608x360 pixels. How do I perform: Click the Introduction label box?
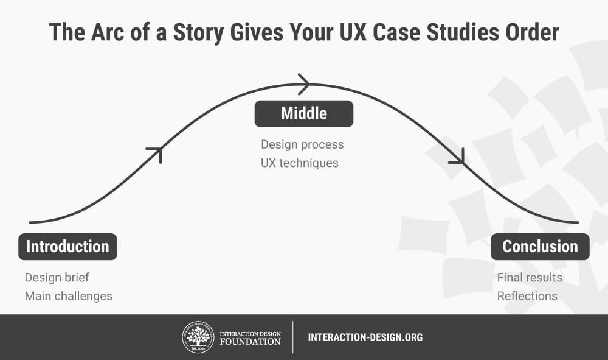click(67, 247)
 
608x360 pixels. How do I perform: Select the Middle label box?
click(304, 114)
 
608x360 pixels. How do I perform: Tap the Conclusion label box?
click(540, 247)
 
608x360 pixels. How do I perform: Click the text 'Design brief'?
click(57, 277)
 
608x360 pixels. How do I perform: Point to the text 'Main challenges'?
click(69, 296)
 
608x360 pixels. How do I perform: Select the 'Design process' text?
click(302, 144)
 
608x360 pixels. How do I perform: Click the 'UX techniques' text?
click(299, 163)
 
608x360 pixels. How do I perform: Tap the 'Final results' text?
click(530, 277)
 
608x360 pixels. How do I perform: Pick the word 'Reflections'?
click(527, 296)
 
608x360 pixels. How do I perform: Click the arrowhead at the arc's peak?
click(305, 84)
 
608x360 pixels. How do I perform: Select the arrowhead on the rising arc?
click(156, 153)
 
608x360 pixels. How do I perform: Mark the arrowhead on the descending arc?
click(458, 158)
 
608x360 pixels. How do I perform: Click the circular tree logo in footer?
click(198, 337)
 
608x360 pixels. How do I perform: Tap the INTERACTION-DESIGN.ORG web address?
click(365, 337)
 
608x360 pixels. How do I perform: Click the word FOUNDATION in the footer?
click(250, 342)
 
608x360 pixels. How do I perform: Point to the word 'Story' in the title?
click(199, 32)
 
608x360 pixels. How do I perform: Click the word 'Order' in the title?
click(532, 32)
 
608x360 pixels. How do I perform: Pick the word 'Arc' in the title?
click(107, 32)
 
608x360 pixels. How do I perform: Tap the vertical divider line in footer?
click(293, 337)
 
